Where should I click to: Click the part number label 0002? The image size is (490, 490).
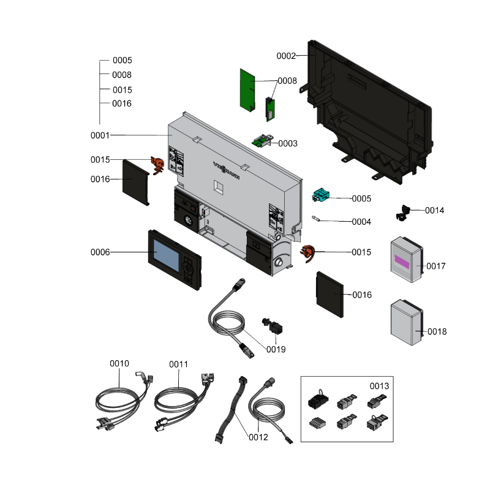285,56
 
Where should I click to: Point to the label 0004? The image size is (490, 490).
361,222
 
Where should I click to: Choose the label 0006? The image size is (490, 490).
100,252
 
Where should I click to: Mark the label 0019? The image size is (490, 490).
276,349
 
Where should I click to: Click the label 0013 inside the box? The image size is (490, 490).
379,386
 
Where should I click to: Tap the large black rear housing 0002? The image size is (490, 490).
367,116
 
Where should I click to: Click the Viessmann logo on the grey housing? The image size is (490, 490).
226,168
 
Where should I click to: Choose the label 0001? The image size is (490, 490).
100,135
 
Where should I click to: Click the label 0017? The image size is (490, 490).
436,266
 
